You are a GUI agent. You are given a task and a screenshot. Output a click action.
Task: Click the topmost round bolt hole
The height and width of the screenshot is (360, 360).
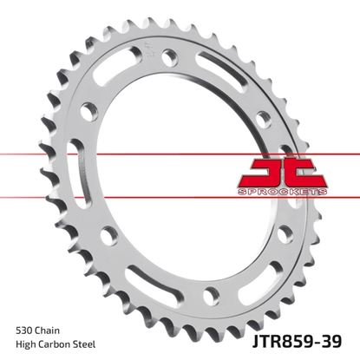pyautogui.click(x=168, y=56)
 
